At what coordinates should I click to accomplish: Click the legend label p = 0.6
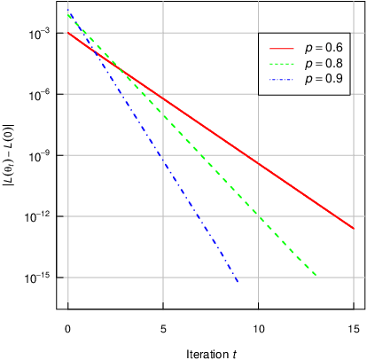pyautogui.click(x=323, y=46)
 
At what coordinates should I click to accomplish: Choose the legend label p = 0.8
pyautogui.click(x=323, y=62)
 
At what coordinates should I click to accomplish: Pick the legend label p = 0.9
pyautogui.click(x=323, y=78)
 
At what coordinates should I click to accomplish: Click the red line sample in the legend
pyautogui.click(x=280, y=46)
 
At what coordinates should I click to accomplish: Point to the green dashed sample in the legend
pyautogui.click(x=280, y=62)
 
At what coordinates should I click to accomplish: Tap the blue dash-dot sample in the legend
pyautogui.click(x=280, y=78)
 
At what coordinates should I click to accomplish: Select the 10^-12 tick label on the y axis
pyautogui.click(x=37, y=216)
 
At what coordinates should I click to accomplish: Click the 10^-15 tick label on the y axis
pyautogui.click(x=37, y=278)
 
